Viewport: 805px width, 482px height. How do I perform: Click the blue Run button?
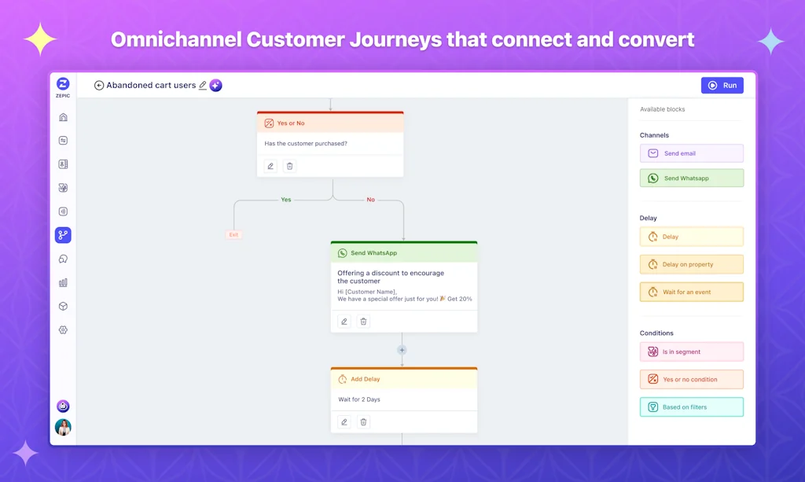point(722,85)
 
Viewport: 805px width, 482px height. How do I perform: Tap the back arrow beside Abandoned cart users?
point(99,85)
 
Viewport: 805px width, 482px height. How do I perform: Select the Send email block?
point(692,153)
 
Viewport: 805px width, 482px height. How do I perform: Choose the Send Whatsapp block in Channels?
point(692,178)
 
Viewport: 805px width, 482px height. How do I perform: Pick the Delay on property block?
point(692,264)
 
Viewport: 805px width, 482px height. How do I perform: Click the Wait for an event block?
point(692,292)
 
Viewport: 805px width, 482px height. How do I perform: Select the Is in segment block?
point(692,351)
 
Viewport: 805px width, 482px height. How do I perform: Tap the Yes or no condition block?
point(692,379)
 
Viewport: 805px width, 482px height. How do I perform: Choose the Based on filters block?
point(692,407)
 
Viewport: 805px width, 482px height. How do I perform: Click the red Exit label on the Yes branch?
point(233,234)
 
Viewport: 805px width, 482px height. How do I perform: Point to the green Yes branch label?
point(286,200)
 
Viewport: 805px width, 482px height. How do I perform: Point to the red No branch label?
point(371,200)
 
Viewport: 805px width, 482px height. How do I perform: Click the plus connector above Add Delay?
point(402,350)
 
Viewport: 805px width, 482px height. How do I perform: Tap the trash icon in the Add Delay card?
point(363,422)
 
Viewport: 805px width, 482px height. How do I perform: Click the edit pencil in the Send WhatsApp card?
point(344,322)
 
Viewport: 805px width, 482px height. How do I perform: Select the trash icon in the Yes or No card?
point(289,166)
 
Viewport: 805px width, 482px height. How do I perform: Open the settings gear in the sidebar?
point(63,330)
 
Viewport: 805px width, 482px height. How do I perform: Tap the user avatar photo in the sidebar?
point(63,427)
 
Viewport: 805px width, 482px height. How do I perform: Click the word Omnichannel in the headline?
point(176,39)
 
